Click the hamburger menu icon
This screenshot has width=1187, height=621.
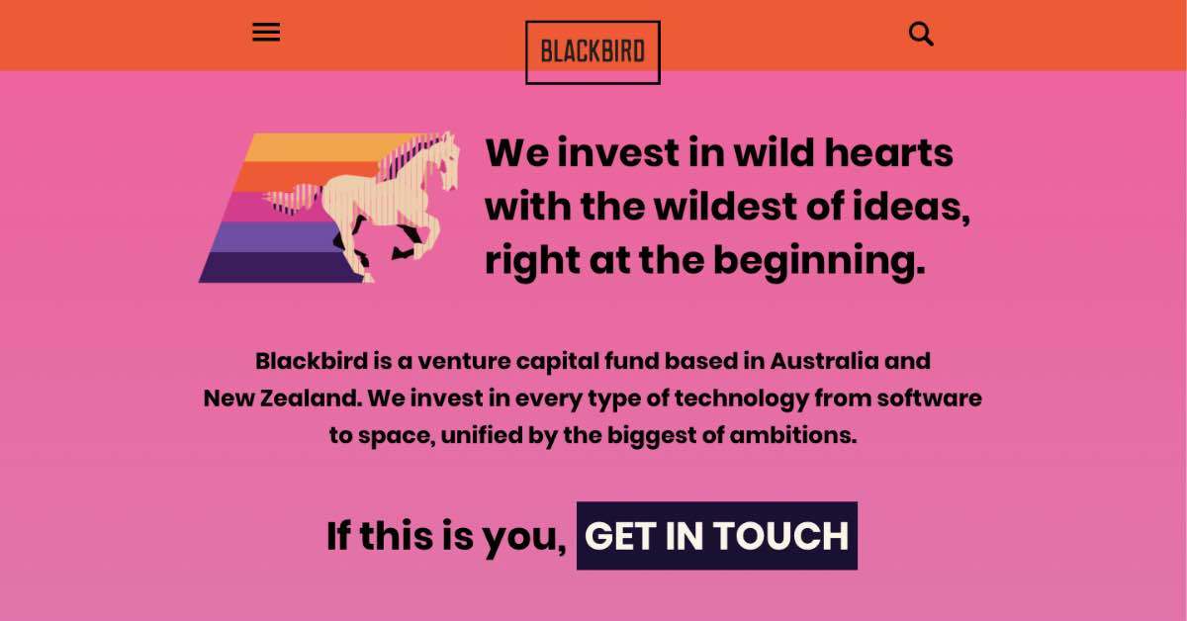tap(266, 33)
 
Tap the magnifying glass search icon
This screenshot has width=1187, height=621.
tap(921, 35)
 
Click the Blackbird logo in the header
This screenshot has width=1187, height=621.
tap(593, 51)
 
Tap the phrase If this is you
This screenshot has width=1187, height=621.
tap(446, 536)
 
